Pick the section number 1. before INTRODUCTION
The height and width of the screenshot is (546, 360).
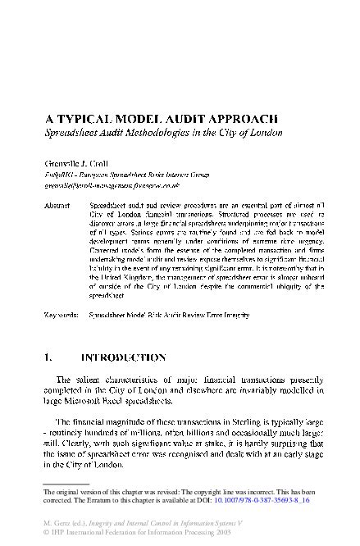click(48, 357)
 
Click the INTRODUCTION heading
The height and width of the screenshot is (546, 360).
click(123, 357)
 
